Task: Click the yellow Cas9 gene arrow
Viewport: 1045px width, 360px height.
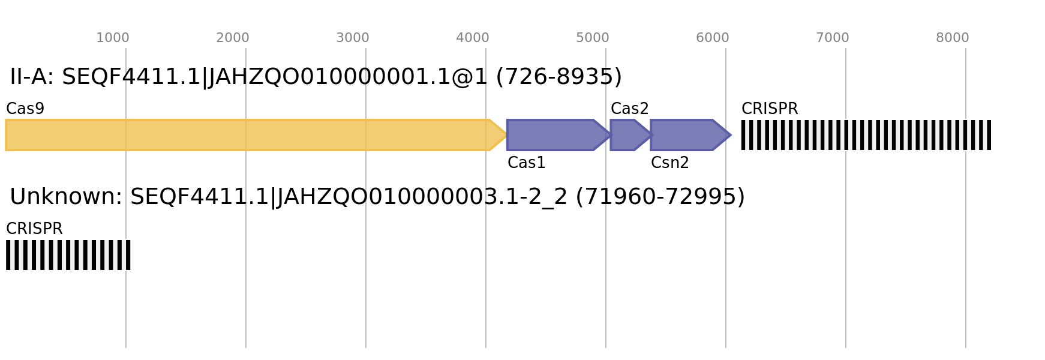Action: [x=256, y=135]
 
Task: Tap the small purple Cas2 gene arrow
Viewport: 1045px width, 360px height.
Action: [x=631, y=135]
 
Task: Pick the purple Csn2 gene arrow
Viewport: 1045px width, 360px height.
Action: [x=690, y=135]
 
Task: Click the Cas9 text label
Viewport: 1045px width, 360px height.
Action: [x=25, y=109]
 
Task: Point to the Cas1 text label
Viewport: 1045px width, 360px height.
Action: [x=527, y=163]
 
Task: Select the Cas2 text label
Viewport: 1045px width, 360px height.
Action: [x=630, y=109]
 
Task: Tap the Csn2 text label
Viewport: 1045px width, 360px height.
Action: [x=670, y=163]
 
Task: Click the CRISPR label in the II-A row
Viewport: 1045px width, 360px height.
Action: [x=770, y=109]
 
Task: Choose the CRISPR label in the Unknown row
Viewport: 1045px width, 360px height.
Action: [x=34, y=229]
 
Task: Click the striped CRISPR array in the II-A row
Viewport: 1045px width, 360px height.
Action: [x=866, y=135]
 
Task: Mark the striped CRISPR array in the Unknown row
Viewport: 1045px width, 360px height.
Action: [x=68, y=255]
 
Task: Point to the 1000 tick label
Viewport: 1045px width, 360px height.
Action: [x=113, y=38]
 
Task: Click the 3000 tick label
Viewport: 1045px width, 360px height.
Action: [x=353, y=38]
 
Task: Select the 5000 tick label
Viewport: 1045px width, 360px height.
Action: [x=593, y=38]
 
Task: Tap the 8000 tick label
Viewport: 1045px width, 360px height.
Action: [x=953, y=38]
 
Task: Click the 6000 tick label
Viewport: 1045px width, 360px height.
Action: [x=713, y=38]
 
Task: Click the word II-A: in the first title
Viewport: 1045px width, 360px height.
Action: [x=32, y=77]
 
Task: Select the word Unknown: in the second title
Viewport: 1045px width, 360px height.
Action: [x=66, y=197]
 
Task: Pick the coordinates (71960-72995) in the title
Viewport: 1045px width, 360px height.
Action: [x=660, y=197]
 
